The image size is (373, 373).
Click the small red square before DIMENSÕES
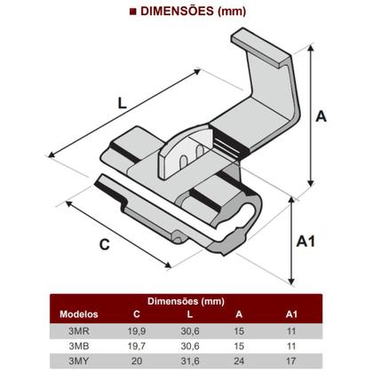tap(132, 12)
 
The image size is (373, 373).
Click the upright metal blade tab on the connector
tap(179, 161)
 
